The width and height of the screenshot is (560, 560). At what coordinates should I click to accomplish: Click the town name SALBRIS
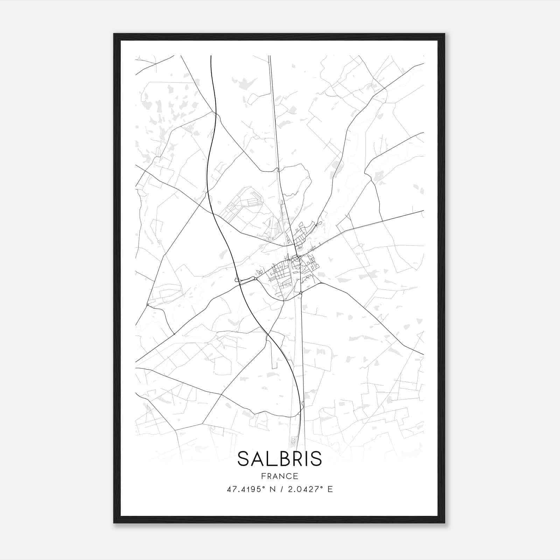tap(280, 459)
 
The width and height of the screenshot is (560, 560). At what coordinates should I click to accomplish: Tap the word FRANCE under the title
tap(280, 476)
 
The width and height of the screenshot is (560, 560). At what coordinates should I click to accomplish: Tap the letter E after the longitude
tap(330, 489)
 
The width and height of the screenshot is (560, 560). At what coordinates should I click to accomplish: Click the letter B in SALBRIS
tap(280, 459)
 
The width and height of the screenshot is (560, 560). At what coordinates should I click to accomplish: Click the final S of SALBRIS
tap(315, 459)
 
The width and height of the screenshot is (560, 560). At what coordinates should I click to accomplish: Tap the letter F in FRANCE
tap(263, 476)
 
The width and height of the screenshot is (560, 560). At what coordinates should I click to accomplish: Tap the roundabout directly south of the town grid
tap(301, 293)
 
